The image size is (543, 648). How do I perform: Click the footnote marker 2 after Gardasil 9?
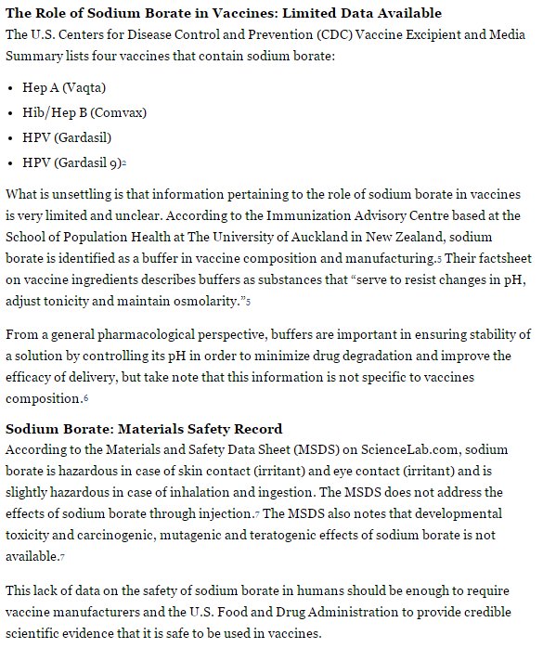123,164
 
